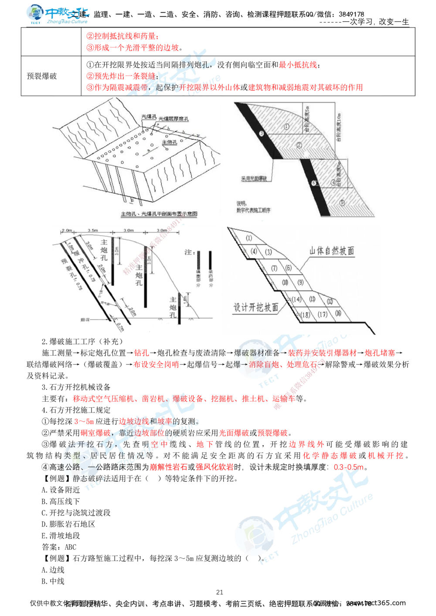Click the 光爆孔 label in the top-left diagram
148,117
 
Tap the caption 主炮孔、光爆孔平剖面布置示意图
159,214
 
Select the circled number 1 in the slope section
286,127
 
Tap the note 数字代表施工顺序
254,210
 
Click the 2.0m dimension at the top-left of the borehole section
66,230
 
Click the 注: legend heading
189,252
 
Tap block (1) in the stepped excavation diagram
249,238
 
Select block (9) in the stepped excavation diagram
300,282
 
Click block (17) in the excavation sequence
322,314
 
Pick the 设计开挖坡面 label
256,307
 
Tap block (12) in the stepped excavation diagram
330,301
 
